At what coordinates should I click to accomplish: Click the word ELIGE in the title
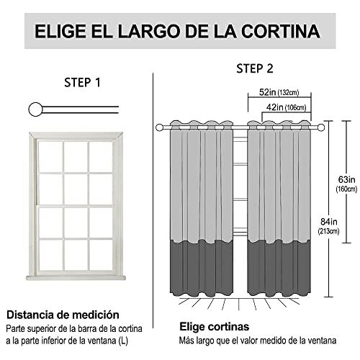[63, 32]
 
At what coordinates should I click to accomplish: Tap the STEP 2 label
[255, 68]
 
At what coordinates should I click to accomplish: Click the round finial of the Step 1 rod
[34, 109]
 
